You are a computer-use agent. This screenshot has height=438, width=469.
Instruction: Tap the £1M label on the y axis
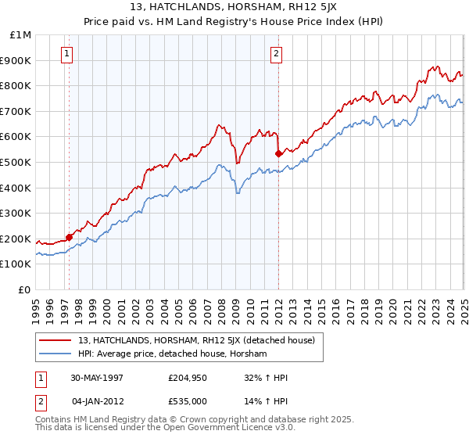(22, 35)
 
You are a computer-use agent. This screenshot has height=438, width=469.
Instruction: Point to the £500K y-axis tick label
(17, 162)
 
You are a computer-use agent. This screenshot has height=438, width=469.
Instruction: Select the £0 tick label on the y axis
(26, 289)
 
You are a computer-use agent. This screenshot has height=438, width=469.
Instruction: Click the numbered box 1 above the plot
(67, 54)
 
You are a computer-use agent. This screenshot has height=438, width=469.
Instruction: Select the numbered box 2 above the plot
(277, 54)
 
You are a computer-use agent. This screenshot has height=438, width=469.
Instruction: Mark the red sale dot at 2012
(278, 154)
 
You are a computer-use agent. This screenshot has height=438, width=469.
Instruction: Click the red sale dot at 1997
(70, 237)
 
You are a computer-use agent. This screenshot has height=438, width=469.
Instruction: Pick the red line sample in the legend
(55, 341)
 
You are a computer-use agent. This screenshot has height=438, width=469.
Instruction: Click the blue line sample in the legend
(55, 354)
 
